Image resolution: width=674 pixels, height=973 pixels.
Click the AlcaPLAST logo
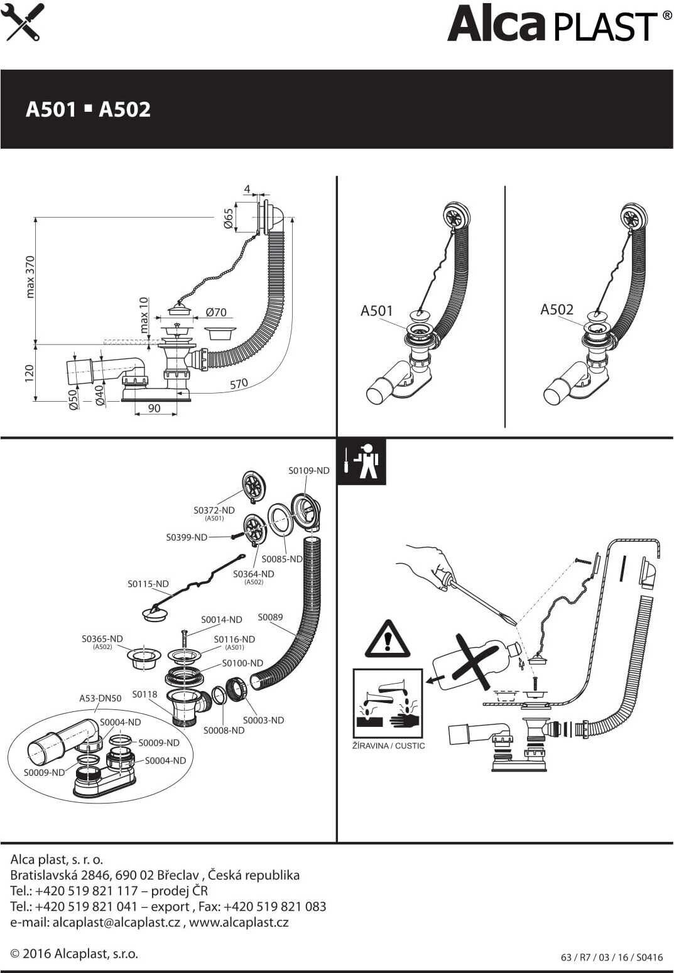pyautogui.click(x=558, y=24)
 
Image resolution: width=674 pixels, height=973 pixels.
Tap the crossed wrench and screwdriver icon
pyautogui.click(x=23, y=23)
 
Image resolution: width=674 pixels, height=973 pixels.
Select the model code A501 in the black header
pyautogui.click(x=51, y=109)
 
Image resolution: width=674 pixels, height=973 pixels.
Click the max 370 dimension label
pyautogui.click(x=30, y=277)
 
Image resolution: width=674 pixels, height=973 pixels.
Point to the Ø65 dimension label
pyautogui.click(x=229, y=218)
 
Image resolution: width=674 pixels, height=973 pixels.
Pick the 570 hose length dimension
pyautogui.click(x=239, y=384)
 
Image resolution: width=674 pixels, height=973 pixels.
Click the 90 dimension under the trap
pyautogui.click(x=154, y=408)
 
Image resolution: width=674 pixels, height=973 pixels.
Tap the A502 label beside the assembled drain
pyautogui.click(x=557, y=309)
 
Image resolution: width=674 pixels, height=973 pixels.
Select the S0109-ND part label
pyautogui.click(x=309, y=471)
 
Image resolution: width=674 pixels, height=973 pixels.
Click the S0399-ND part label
pyautogui.click(x=187, y=537)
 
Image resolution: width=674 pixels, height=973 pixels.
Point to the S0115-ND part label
pyautogui.click(x=148, y=584)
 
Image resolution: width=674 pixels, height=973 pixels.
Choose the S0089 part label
pyautogui.click(x=270, y=617)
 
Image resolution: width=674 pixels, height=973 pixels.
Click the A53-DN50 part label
pyautogui.click(x=101, y=698)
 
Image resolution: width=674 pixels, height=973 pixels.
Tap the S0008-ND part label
pyautogui.click(x=224, y=730)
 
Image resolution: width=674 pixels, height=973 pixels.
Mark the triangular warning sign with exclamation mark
pyautogui.click(x=388, y=639)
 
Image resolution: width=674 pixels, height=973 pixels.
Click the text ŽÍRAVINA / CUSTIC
pyautogui.click(x=388, y=746)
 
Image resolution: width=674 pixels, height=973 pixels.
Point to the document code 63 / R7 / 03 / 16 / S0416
pyautogui.click(x=611, y=957)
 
